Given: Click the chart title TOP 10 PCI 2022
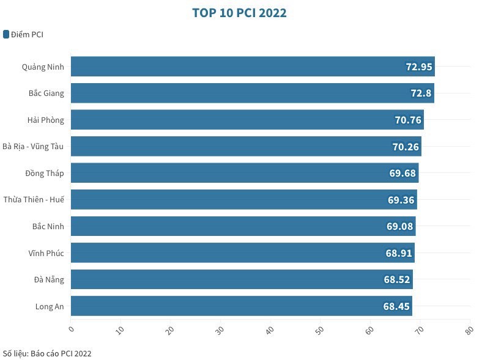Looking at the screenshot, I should pos(239,13).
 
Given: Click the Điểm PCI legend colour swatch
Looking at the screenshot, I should pos(6,34).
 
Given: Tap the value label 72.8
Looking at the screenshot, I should pos(421,94).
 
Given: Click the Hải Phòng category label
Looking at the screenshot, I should pos(46,120).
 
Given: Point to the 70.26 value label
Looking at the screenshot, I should pos(406,147).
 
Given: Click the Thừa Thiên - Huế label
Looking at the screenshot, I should pos(34,200).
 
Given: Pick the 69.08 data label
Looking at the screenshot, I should pos(401,227).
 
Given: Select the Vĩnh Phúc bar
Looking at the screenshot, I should pos(232,253).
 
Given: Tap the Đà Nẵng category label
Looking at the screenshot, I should pos(49,280).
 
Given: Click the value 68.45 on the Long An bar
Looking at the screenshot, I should pos(396,306).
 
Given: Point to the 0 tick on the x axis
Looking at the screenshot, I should pos(71,329).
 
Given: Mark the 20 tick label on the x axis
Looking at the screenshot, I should pos(170,329).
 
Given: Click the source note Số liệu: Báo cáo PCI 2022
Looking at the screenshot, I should pos(47,353).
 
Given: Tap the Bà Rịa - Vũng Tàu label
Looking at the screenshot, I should pos(34,147).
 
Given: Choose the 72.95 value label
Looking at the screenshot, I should pos(419,67).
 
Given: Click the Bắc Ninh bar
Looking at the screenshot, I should pos(232,227).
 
